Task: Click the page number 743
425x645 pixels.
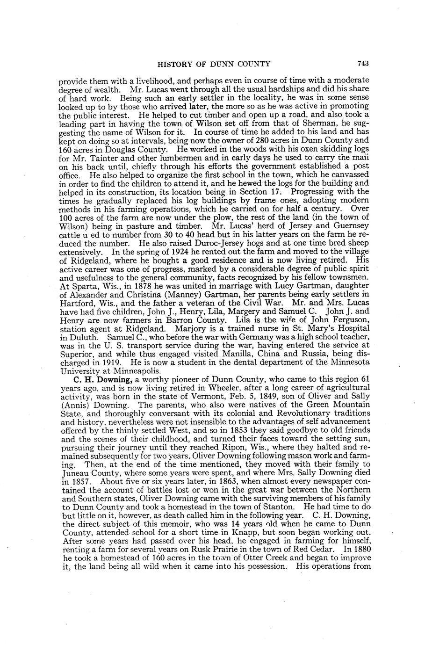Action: pos(363,64)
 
